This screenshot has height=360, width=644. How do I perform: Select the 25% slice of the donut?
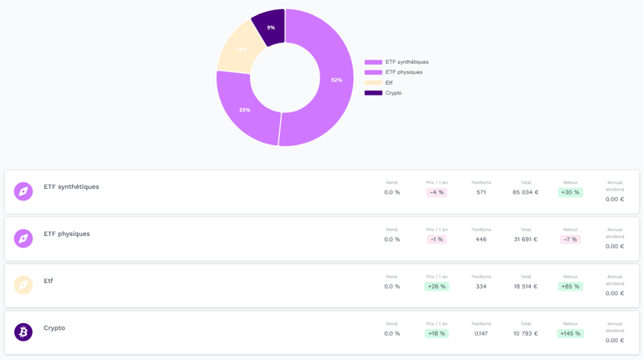(243, 109)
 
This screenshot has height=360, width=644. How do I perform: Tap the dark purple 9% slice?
(270, 27)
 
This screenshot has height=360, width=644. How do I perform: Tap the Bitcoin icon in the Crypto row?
(23, 332)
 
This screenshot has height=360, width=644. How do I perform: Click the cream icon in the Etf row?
(23, 285)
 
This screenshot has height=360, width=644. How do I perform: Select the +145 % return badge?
(570, 333)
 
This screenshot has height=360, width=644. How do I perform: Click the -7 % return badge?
(570, 239)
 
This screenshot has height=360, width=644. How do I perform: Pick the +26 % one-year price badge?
(436, 286)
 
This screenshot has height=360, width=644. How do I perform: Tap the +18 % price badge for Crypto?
(436, 333)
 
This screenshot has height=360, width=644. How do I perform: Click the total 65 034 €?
(526, 192)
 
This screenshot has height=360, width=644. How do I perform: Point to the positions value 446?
(480, 239)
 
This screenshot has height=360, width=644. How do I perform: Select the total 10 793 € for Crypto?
(526, 333)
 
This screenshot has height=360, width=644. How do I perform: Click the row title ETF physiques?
(67, 234)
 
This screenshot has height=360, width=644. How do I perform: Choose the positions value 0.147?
(480, 333)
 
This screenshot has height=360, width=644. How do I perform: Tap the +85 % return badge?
(570, 286)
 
